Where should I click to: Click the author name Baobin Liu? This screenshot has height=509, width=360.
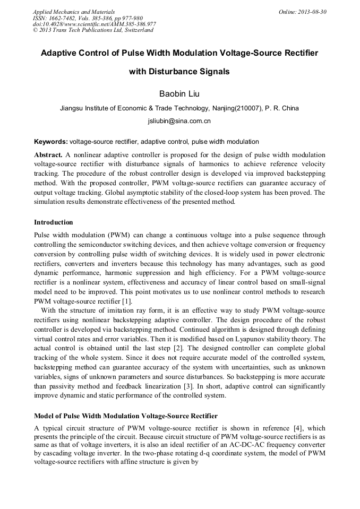coord(179,94)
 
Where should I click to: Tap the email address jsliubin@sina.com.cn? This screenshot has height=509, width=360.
coord(179,121)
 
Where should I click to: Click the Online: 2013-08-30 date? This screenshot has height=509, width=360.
coord(302,11)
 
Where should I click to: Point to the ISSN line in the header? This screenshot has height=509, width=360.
coord(88,18)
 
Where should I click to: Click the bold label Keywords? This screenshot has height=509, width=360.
coord(51,142)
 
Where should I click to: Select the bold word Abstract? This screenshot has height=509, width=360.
coord(49,155)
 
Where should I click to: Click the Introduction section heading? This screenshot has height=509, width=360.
coord(54,222)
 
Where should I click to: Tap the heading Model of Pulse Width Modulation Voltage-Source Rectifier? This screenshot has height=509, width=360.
coord(125,416)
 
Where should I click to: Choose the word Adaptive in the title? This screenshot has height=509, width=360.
coord(61,54)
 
